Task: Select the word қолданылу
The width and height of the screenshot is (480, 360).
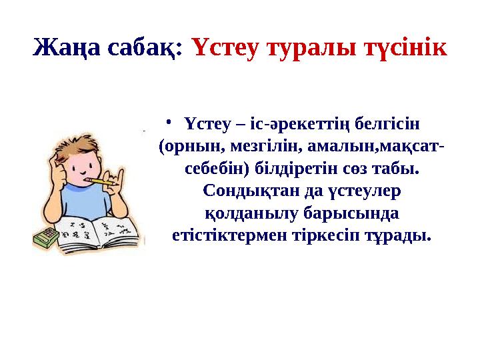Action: (243, 213)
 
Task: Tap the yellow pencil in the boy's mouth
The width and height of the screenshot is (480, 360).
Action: (103, 181)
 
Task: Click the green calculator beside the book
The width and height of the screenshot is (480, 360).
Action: (45, 238)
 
